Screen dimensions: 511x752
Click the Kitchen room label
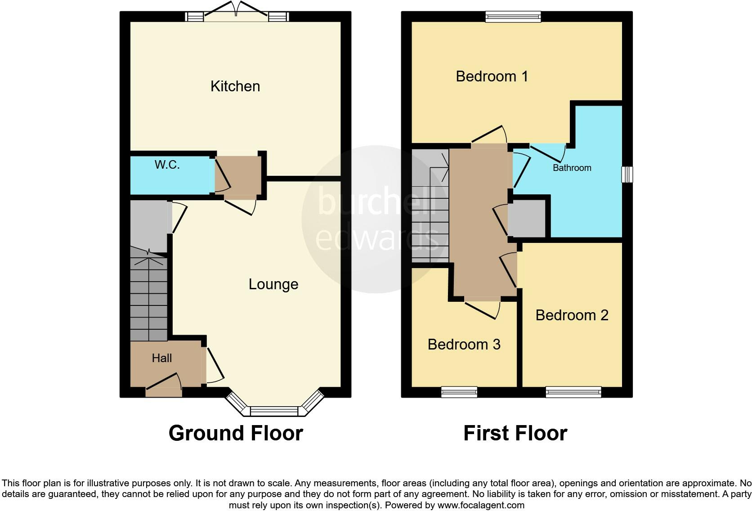(235, 86)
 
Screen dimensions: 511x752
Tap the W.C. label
(167, 165)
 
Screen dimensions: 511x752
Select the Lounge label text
(273, 284)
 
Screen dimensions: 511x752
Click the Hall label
(162, 358)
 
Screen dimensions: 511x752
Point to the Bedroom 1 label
(492, 76)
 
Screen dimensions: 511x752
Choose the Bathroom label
(572, 168)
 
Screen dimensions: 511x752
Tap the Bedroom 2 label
(572, 315)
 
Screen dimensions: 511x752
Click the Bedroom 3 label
(464, 344)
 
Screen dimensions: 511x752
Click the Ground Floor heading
(236, 433)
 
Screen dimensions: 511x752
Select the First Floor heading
(515, 433)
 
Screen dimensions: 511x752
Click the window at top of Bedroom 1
(513, 17)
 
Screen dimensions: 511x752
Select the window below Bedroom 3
(459, 392)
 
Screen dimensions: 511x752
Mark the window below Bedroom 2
(573, 392)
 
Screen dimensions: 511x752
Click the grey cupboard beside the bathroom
(527, 219)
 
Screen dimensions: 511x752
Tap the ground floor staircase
(148, 297)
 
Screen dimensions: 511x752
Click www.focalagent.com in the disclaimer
(480, 505)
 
